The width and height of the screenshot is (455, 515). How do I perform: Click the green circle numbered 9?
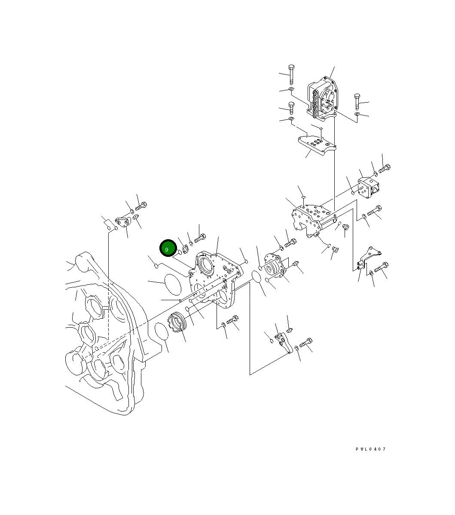167,249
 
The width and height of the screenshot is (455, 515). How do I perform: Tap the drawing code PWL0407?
370,449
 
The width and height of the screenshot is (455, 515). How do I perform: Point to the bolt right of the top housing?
357,101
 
